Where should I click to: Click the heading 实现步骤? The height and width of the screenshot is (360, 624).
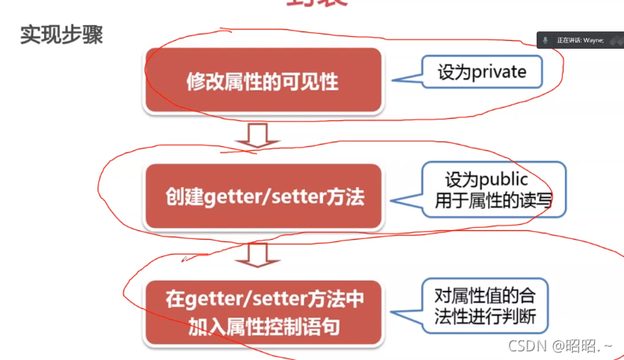click(61, 36)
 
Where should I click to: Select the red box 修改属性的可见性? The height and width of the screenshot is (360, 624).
click(262, 80)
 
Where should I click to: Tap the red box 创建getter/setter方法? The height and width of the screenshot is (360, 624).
click(262, 197)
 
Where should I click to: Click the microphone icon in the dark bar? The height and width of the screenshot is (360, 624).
click(545, 39)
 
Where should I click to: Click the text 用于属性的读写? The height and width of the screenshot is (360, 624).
click(494, 202)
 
